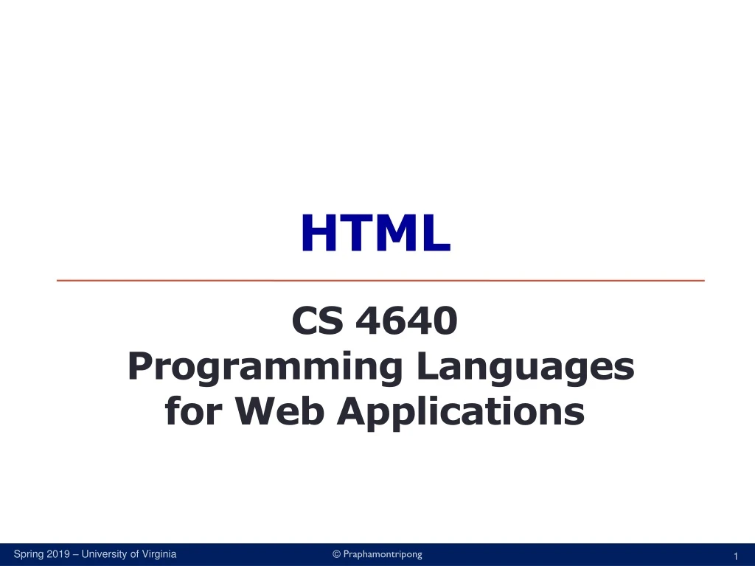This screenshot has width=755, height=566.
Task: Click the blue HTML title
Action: pos(375,233)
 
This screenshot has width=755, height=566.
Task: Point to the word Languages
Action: pos(525,368)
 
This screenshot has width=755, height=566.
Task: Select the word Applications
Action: pos(461,411)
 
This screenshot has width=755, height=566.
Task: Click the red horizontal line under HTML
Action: pos(380,281)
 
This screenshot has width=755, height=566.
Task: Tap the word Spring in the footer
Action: pos(29,554)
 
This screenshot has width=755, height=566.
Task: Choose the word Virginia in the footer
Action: pos(159,554)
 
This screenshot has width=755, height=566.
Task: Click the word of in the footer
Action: pos(135,554)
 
